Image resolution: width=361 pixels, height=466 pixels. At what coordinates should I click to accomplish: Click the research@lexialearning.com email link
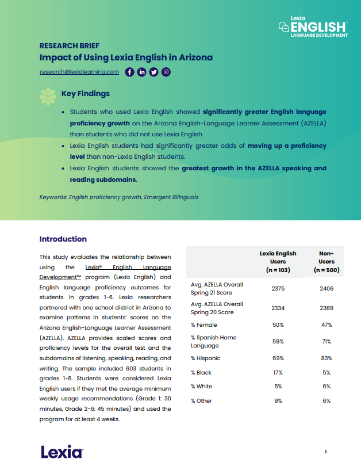(79, 72)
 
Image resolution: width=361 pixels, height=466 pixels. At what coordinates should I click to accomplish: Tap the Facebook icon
(129, 72)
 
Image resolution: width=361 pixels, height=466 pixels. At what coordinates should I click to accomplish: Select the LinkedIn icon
(141, 72)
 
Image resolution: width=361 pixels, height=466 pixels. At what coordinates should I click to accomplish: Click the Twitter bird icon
(153, 72)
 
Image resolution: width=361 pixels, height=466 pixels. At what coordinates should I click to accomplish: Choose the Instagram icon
(166, 72)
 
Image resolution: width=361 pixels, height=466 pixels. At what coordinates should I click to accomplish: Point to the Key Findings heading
(85, 93)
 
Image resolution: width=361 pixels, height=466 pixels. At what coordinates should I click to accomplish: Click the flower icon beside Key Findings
(48, 96)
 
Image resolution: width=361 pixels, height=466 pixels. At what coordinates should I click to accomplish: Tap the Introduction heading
(63, 239)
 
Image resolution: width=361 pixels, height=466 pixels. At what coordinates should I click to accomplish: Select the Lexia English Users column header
(278, 261)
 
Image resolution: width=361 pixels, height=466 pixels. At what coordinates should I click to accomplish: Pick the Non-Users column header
(327, 261)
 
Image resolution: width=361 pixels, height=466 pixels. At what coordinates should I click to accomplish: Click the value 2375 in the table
(278, 288)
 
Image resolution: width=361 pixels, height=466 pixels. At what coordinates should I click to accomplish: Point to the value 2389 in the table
(327, 308)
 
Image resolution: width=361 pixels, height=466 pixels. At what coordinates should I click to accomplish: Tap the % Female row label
(203, 325)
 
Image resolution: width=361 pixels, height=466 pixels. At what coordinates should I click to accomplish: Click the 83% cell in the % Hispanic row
(327, 358)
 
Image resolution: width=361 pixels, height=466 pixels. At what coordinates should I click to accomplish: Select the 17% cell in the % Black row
(278, 373)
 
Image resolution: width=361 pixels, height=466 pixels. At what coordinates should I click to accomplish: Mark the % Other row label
(201, 400)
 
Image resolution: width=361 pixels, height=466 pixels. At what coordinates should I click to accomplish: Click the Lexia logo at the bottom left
(62, 452)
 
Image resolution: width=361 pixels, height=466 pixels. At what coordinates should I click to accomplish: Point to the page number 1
(326, 452)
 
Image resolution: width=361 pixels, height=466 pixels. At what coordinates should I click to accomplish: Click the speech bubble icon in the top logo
(283, 26)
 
